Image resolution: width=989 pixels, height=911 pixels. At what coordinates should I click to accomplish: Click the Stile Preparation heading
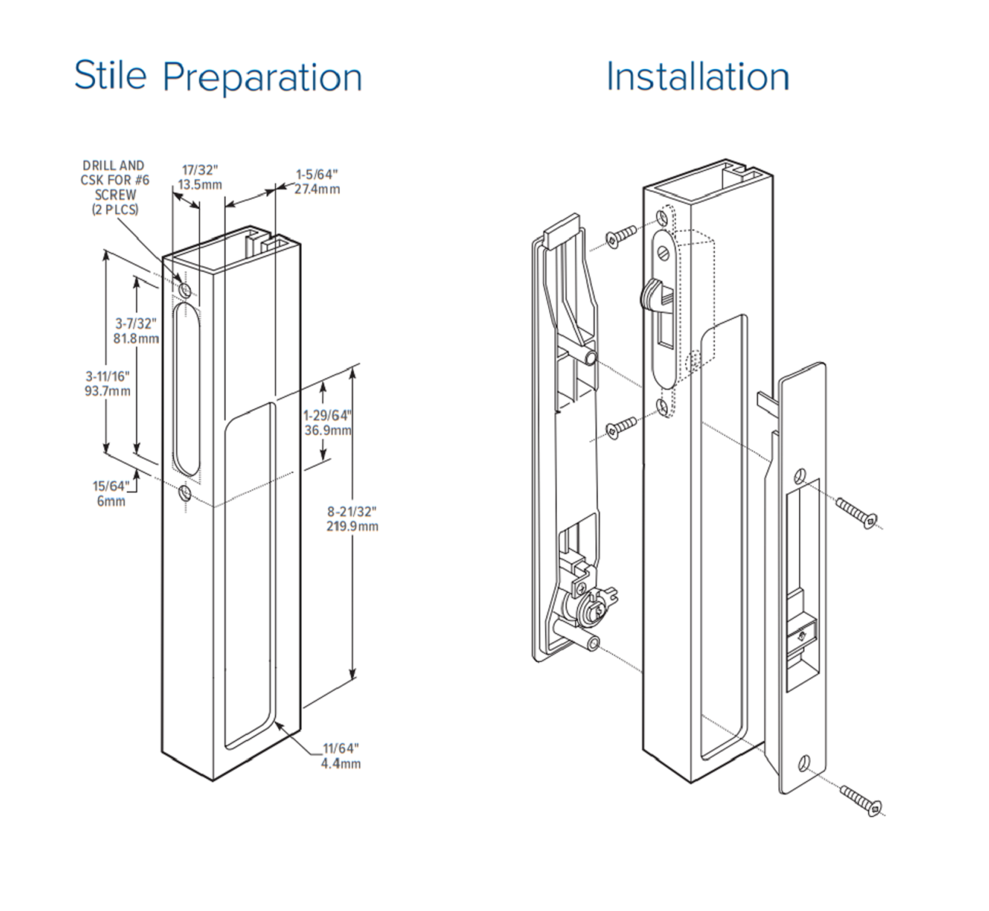(218, 77)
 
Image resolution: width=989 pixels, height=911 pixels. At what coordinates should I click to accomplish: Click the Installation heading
(697, 77)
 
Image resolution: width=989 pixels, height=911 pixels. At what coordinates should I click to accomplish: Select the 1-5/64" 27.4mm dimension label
(317, 181)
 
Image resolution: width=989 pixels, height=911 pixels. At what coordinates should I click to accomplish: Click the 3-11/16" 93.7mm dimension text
(107, 383)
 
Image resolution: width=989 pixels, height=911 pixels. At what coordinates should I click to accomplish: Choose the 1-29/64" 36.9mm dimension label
(327, 423)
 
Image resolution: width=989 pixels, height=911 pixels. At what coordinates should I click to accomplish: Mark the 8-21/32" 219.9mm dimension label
(352, 519)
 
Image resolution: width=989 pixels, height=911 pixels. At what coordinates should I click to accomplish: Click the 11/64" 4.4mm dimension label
(340, 755)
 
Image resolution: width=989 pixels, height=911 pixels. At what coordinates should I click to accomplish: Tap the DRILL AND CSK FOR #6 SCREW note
(114, 187)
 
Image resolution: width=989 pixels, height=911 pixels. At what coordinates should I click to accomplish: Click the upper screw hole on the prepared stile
(185, 289)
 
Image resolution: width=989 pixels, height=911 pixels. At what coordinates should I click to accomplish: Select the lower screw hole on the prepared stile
(185, 493)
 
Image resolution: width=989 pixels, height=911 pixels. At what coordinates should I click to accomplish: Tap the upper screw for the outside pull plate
(858, 511)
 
